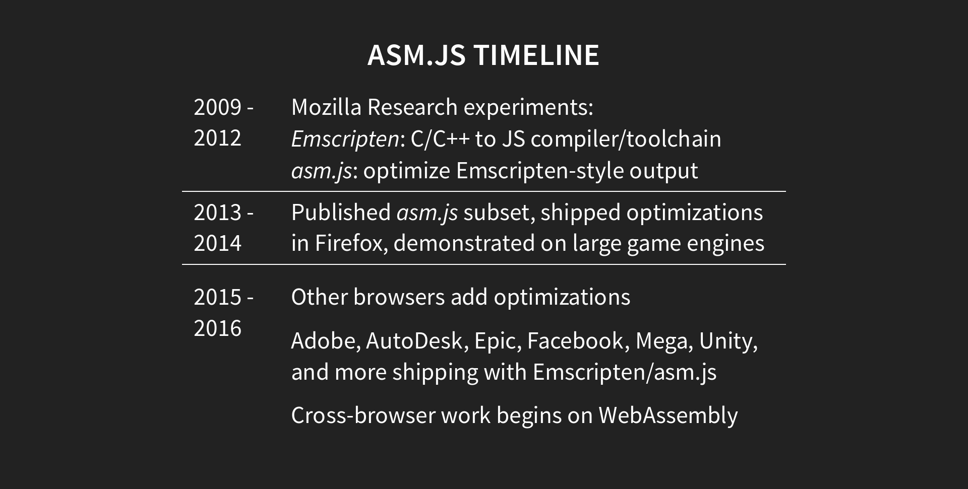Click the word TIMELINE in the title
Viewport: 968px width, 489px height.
[x=536, y=55]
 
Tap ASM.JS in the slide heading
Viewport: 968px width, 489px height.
[x=416, y=55]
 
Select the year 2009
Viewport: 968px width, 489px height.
[x=217, y=107]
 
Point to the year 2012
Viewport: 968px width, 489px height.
[x=217, y=138]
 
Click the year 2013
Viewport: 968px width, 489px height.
[x=217, y=213]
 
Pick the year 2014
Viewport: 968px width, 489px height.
[x=217, y=243]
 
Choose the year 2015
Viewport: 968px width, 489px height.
[x=217, y=297]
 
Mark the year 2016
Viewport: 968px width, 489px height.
[x=217, y=328]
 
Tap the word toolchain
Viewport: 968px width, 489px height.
[x=674, y=139]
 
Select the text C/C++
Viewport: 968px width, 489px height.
[x=440, y=139]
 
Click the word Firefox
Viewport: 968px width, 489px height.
[x=351, y=243]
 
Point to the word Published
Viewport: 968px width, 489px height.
[x=341, y=213]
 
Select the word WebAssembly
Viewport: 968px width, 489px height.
[x=668, y=415]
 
